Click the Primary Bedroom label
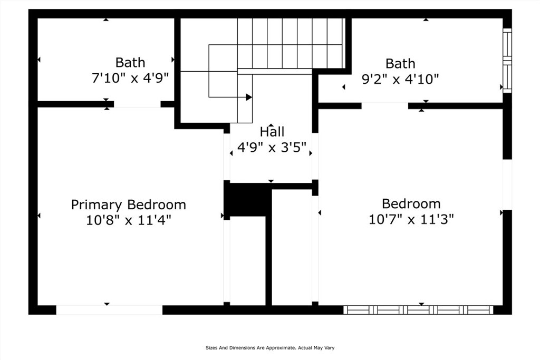click(x=128, y=205)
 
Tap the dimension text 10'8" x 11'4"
click(x=128, y=220)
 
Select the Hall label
click(x=272, y=132)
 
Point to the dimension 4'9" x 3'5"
click(x=272, y=148)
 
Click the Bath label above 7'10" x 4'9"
click(x=130, y=62)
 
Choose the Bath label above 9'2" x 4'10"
click(x=400, y=64)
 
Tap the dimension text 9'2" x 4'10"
click(x=400, y=79)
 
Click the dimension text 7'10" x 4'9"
click(x=130, y=78)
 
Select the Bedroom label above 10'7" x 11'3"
click(x=411, y=203)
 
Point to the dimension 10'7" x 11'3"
click(x=411, y=219)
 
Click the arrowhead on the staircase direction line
click(x=248, y=97)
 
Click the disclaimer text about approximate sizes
click(x=270, y=348)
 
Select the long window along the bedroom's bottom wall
click(x=418, y=310)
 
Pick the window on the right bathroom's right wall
click(x=507, y=61)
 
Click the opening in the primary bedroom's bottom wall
click(x=109, y=310)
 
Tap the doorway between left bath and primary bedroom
click(x=137, y=104)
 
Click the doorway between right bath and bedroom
click(x=384, y=106)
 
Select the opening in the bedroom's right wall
click(x=507, y=184)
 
